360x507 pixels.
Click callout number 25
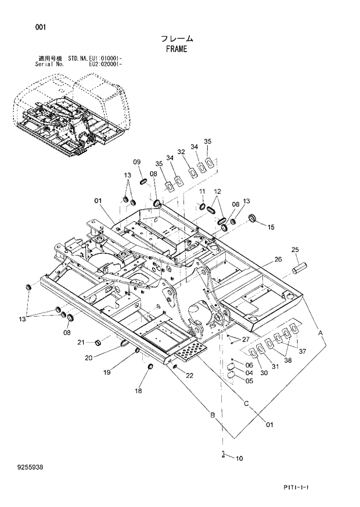tap(295, 250)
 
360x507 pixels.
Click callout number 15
tap(271, 227)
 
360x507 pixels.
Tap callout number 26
tap(278, 259)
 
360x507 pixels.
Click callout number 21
tap(82, 342)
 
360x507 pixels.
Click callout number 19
tap(107, 371)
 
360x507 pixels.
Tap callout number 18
tap(138, 391)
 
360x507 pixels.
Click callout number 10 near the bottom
tap(239, 458)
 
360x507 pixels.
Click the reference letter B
tap(213, 414)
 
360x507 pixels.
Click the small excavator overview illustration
tap(70, 119)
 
